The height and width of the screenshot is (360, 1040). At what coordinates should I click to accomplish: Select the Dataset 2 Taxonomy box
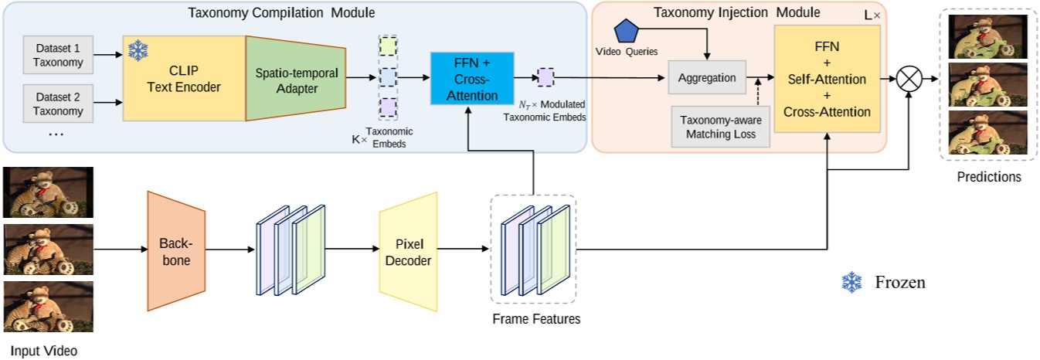tap(58, 103)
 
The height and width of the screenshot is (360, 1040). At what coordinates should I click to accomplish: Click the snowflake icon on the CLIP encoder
tap(138, 52)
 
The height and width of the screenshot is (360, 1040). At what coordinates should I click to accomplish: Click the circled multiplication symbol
tap(909, 78)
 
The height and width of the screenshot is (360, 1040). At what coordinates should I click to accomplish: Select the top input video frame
tap(48, 192)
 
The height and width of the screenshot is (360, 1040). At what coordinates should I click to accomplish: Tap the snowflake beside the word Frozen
tap(852, 282)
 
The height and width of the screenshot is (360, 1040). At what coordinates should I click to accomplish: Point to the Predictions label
tap(988, 177)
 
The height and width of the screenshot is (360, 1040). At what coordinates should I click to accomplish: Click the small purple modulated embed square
tap(545, 77)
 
